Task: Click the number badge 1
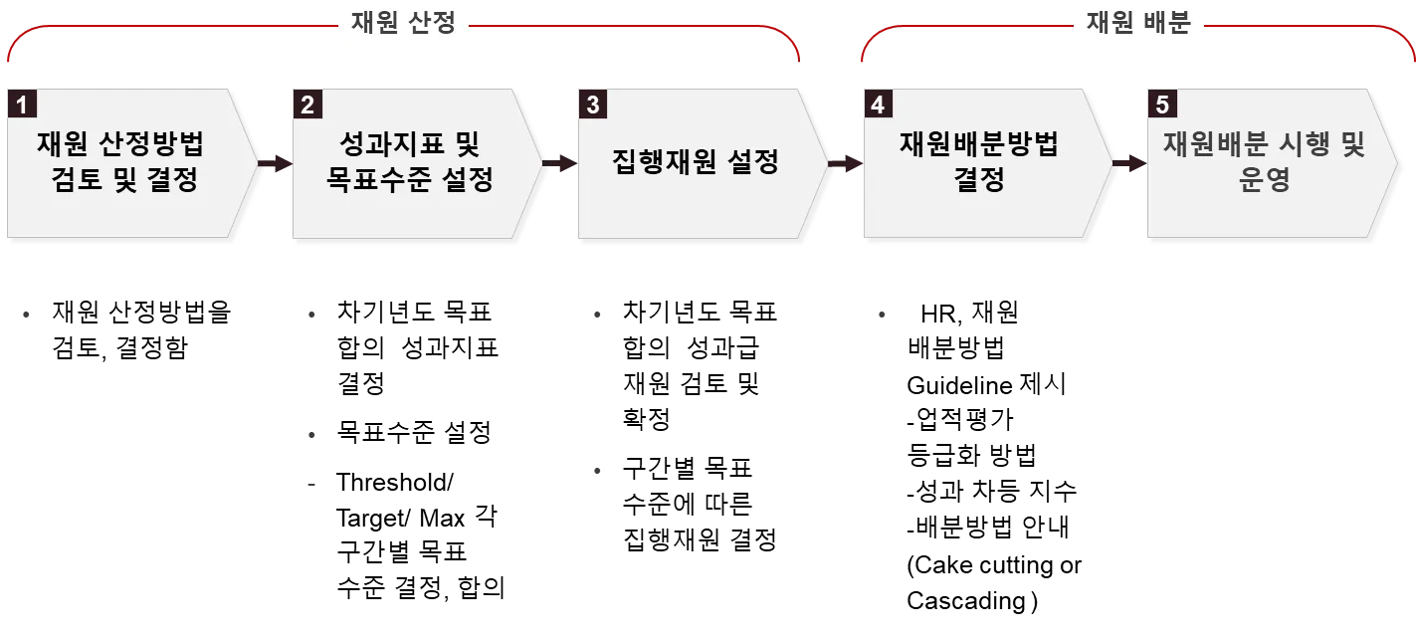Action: click(22, 105)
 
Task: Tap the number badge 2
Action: click(306, 105)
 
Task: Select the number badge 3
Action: click(593, 105)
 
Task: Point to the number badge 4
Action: click(877, 105)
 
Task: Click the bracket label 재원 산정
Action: click(403, 24)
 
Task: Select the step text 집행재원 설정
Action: click(694, 162)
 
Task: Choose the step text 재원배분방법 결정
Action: click(979, 162)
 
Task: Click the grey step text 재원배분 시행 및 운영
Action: click(1265, 162)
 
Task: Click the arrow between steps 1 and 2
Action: click(274, 163)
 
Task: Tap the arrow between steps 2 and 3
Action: click(560, 163)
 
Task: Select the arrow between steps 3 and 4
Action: click(846, 163)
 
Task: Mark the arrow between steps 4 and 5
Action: click(1130, 163)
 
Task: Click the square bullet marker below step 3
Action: click(597, 470)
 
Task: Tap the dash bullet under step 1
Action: click(24, 315)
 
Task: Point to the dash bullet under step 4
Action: click(883, 315)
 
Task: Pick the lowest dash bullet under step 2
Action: click(309, 482)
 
